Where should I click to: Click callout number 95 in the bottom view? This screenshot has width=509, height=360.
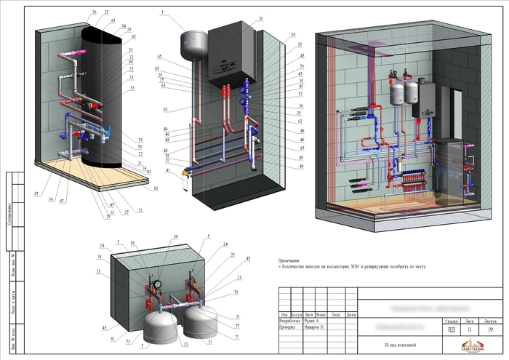coord(132,244)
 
